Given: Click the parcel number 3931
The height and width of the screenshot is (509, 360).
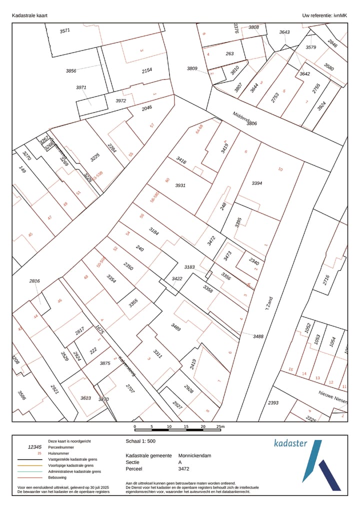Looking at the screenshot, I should (180, 185).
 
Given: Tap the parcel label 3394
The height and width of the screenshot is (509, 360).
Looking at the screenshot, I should (257, 183).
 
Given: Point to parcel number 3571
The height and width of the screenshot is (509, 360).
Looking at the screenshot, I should (65, 31).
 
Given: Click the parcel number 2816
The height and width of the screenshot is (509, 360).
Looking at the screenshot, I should (34, 281).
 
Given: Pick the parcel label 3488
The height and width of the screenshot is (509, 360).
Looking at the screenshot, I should (258, 336).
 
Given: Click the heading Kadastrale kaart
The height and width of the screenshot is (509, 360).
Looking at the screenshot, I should (29, 16).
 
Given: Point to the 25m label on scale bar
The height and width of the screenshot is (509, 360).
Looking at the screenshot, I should (220, 426).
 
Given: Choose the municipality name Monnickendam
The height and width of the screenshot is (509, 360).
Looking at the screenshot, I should (195, 456).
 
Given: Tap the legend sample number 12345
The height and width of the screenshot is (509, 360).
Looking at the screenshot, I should (35, 447).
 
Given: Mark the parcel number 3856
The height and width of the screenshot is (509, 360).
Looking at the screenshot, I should (71, 71).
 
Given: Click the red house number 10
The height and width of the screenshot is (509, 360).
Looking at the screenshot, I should (280, 169).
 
